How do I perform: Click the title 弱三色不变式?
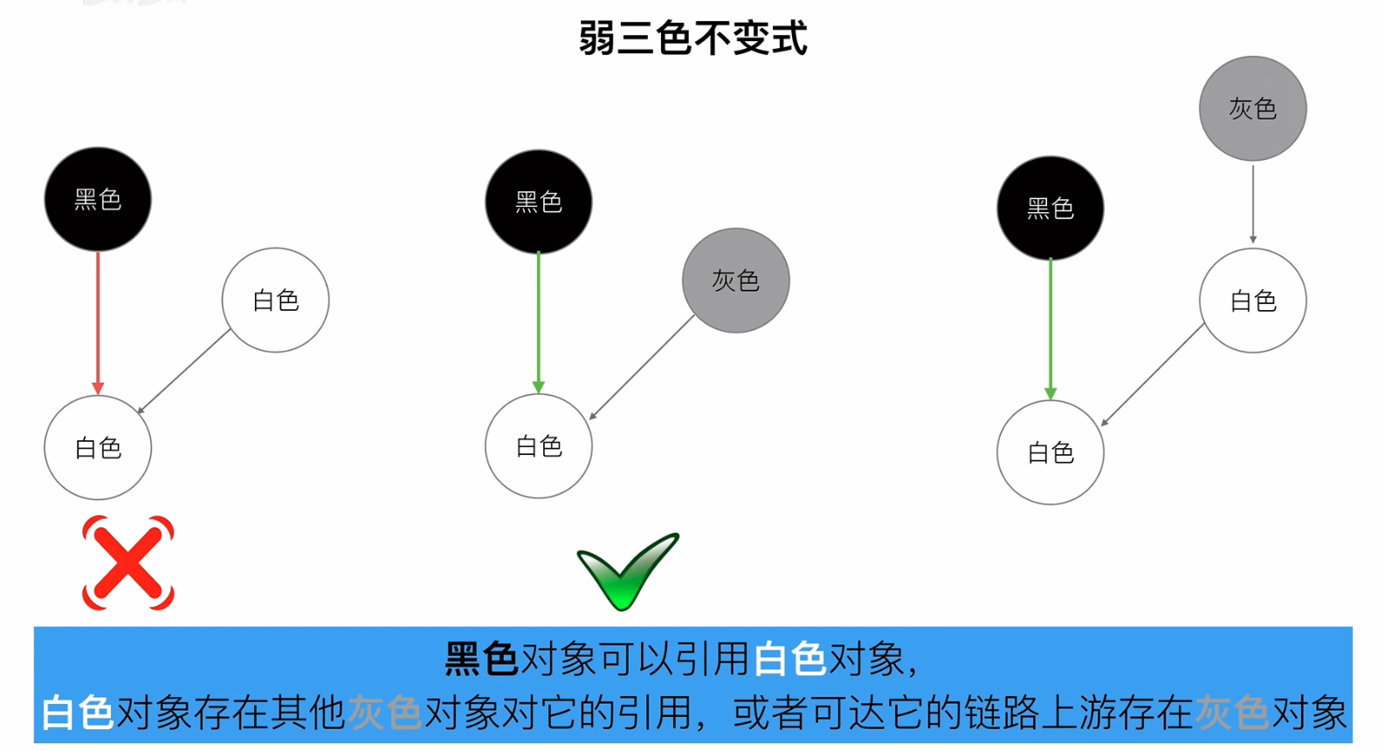pyautogui.click(x=692, y=38)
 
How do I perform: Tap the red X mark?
pyautogui.click(x=127, y=563)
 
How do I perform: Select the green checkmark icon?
pyautogui.click(x=627, y=571)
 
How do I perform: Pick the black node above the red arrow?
pyautogui.click(x=98, y=199)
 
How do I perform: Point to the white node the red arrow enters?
pyautogui.click(x=98, y=447)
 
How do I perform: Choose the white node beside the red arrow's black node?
pyautogui.click(x=275, y=300)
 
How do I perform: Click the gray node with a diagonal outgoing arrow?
pyautogui.click(x=735, y=280)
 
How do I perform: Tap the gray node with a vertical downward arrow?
pyautogui.click(x=1252, y=108)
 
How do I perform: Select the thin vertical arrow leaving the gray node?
pyautogui.click(x=1252, y=203)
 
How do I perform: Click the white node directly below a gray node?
pyautogui.click(x=1252, y=301)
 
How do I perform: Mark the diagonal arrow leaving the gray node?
pyautogui.click(x=643, y=367)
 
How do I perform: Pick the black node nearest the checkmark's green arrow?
pyautogui.click(x=539, y=202)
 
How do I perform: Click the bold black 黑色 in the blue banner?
pyautogui.click(x=481, y=658)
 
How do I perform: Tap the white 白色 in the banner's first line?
pyautogui.click(x=789, y=658)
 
